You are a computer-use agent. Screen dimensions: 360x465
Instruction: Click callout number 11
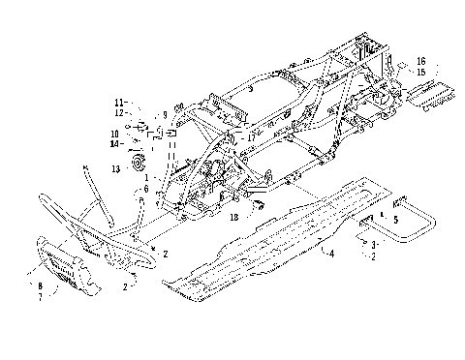click(119, 102)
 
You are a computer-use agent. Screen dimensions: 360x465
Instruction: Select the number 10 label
click(114, 134)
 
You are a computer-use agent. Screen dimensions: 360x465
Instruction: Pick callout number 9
click(165, 115)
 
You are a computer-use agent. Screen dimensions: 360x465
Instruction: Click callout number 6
click(146, 189)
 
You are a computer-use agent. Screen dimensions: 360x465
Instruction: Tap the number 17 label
click(251, 137)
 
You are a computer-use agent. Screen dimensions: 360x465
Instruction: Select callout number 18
click(233, 218)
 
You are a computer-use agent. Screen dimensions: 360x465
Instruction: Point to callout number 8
click(39, 286)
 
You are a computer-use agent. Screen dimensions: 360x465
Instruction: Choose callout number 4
click(332, 254)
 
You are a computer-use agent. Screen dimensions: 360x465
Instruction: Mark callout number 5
click(396, 220)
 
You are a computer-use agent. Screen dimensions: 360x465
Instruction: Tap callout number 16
click(420, 61)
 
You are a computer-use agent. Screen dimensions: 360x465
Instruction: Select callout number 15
click(420, 71)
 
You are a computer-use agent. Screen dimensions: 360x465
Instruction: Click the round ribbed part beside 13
click(137, 161)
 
